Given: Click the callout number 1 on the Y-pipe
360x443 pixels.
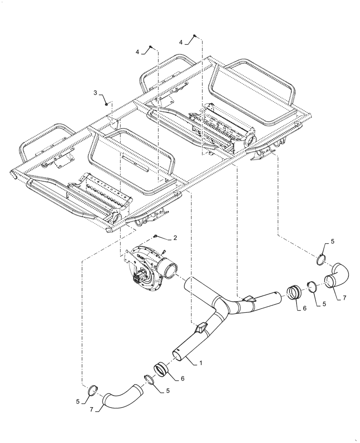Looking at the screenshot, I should point(200,363).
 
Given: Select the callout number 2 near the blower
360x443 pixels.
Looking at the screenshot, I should point(175,238).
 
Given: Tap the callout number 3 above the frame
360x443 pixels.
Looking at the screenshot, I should point(95,93).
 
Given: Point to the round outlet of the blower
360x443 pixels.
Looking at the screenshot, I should point(171,269).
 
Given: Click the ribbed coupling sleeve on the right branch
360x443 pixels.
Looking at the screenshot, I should point(293,293).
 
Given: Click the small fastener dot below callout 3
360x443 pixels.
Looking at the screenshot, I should point(107,104).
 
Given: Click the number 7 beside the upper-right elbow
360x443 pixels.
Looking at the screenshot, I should point(344,299).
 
